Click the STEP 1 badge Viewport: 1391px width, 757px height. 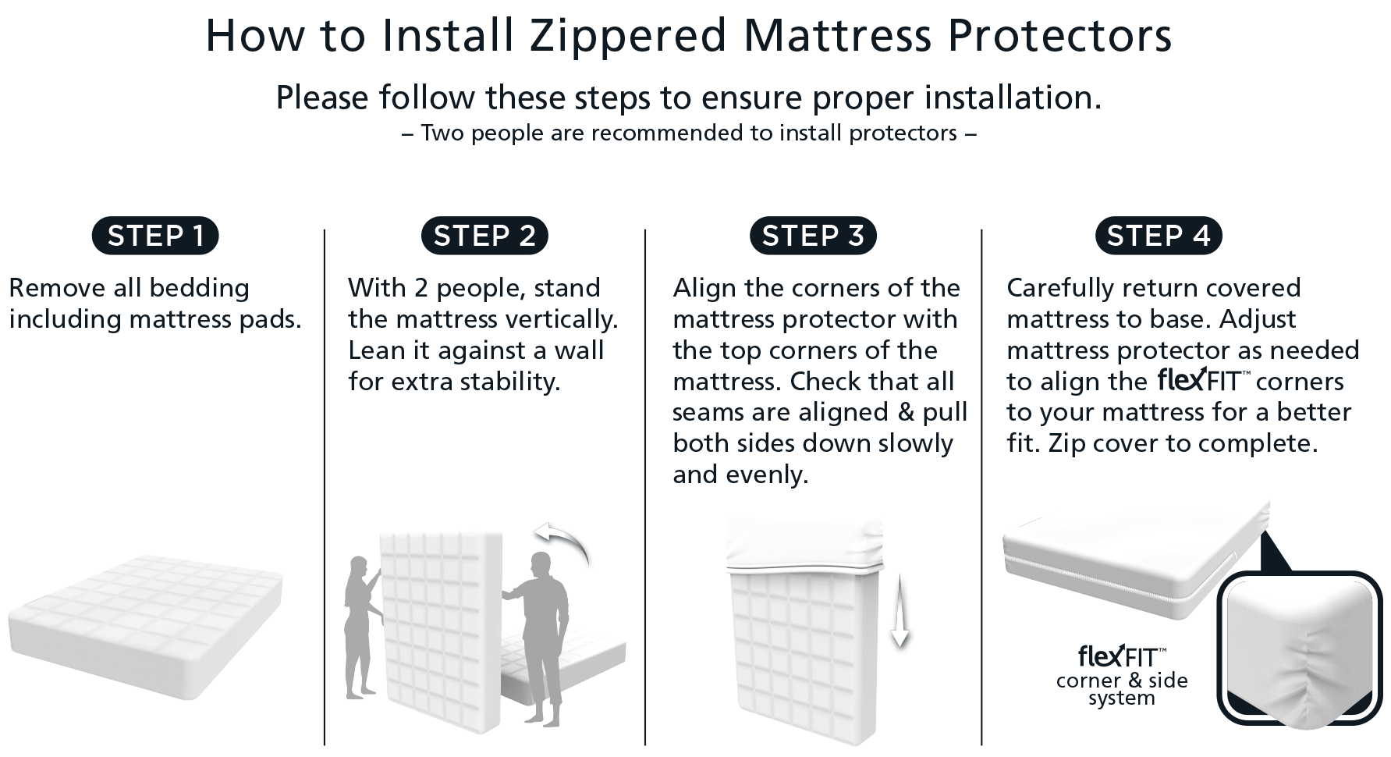click(x=155, y=236)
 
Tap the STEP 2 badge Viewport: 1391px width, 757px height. click(x=484, y=236)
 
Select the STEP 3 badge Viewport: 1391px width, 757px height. click(x=813, y=236)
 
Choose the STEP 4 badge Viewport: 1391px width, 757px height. click(x=1159, y=236)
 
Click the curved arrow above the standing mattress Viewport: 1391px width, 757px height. click(x=563, y=542)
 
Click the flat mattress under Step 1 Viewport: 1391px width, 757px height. click(x=146, y=624)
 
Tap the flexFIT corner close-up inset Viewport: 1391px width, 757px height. click(x=1299, y=652)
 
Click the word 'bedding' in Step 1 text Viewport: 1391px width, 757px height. click(x=199, y=288)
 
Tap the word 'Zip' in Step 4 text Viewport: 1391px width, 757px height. click(x=1066, y=443)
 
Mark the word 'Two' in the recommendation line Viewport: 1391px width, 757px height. click(x=442, y=133)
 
